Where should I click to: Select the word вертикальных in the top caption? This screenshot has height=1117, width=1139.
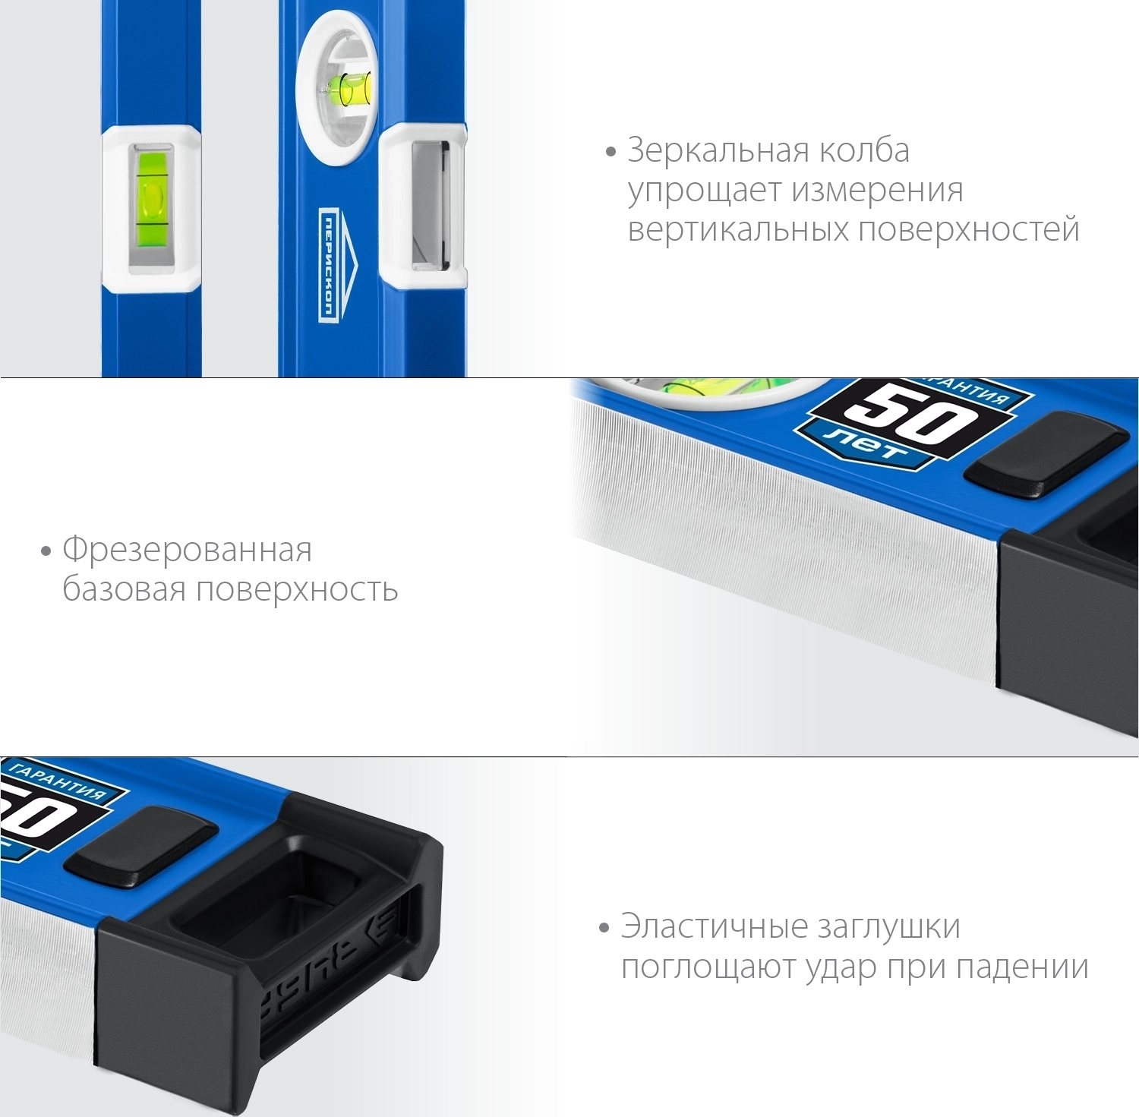point(737,229)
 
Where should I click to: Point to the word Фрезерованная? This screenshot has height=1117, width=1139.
point(187,550)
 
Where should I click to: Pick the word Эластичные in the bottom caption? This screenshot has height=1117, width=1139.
point(713,926)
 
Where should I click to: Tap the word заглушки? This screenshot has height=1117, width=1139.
point(888,927)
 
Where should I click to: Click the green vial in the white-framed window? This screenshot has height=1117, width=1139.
point(152,203)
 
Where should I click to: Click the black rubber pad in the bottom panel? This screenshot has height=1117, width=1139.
point(140,847)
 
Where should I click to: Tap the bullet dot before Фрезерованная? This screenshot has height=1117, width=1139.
point(46,551)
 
